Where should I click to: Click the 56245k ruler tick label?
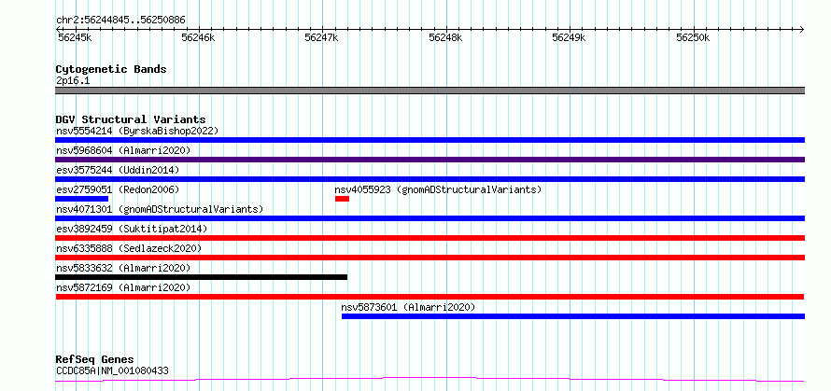coord(74,37)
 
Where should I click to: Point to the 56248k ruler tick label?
coord(445,37)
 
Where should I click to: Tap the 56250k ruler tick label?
coord(693,37)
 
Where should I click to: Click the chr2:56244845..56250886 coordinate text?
coord(120,21)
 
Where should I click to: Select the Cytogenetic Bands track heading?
coord(111,69)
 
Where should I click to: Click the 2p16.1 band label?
coord(73,81)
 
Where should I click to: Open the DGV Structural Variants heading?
coord(131,119)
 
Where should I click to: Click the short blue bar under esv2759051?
coord(81,199)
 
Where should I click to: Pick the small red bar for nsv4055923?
coord(342,199)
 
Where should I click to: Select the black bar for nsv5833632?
coord(202,277)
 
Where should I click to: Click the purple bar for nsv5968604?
coord(430,160)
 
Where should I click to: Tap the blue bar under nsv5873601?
coord(573,316)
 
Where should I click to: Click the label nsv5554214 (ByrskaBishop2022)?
coord(136,131)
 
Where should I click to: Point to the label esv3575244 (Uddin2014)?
coord(118,170)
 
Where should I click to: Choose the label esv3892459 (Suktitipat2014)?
coord(132,229)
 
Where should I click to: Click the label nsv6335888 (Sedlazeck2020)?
coord(129,248)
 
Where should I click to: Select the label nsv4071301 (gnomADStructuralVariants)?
coord(160,209)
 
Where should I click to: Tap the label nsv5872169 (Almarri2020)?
coord(123,287)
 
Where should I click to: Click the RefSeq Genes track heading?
coord(95,360)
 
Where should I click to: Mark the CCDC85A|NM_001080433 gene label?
coord(112,370)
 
